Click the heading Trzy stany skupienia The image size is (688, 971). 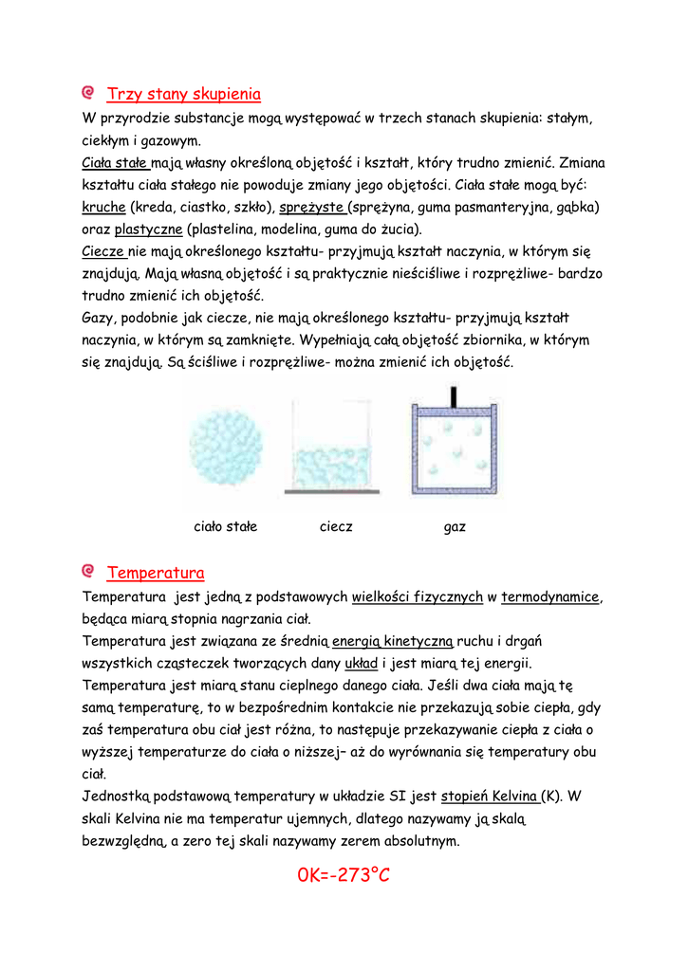[x=184, y=94]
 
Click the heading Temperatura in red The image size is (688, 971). [x=156, y=573]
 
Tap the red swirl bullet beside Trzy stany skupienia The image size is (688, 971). [x=88, y=93]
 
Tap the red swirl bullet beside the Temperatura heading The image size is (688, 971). [x=88, y=572]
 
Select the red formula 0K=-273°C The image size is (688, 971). [x=344, y=874]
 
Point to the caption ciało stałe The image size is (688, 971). [x=225, y=526]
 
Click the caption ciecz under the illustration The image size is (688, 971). [x=336, y=526]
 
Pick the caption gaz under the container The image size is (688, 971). [x=455, y=526]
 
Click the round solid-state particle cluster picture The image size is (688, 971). [x=225, y=447]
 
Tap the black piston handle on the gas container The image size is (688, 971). [x=455, y=395]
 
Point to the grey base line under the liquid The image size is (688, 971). [x=332, y=492]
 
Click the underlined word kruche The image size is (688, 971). [x=103, y=207]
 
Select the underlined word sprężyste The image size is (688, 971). [x=313, y=207]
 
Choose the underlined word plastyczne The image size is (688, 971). [x=148, y=229]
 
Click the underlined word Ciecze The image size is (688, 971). [x=103, y=252]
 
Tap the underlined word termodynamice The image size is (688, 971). [x=550, y=596]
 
